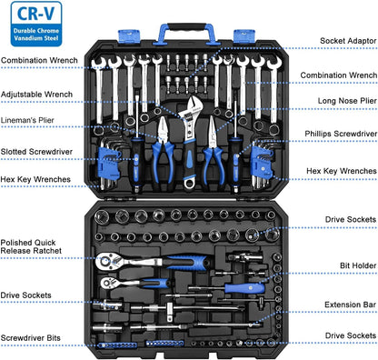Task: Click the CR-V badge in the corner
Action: click(36, 24)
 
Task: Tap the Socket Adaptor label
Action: click(348, 41)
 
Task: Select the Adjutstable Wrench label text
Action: click(36, 95)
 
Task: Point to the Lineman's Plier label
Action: click(27, 120)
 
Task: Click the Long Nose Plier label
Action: click(347, 101)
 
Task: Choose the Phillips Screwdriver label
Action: click(341, 134)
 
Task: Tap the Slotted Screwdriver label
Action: click(36, 152)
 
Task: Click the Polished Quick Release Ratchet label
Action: click(31, 246)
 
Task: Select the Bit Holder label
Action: click(358, 265)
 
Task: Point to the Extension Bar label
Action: click(350, 305)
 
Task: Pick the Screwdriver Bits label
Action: click(31, 338)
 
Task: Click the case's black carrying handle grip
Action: click(187, 27)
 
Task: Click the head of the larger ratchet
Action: click(105, 261)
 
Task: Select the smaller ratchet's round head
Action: click(107, 284)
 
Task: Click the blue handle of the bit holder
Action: click(244, 287)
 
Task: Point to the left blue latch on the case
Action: click(128, 35)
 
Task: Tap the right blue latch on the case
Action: click(244, 35)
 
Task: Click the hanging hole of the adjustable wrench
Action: click(189, 183)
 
